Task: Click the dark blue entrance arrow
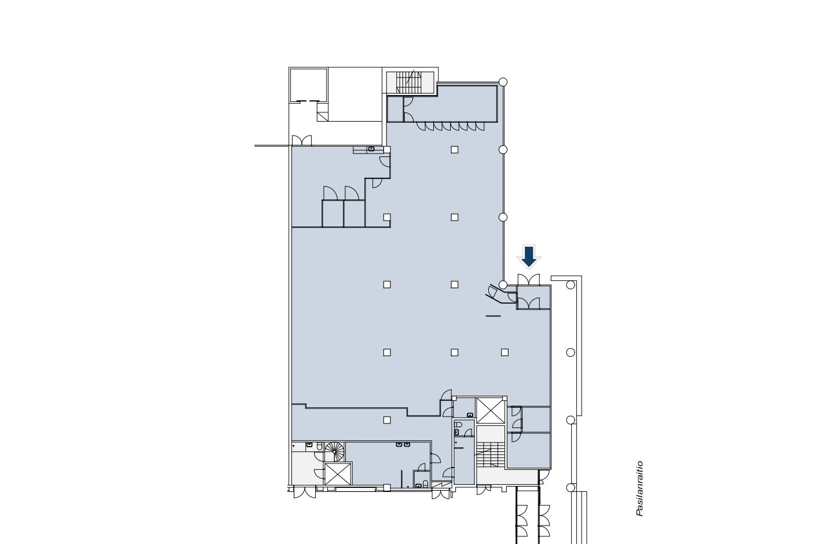[528, 255]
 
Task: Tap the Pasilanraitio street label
[639, 488]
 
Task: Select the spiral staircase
[334, 450]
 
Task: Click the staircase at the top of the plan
[410, 82]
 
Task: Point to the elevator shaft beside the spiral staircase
[338, 474]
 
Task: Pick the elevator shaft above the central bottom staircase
[491, 411]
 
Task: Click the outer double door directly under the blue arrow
[528, 279]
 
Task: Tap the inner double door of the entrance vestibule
[528, 303]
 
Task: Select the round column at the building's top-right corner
[503, 82]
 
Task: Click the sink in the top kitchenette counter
[371, 149]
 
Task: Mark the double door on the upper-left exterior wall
[301, 140]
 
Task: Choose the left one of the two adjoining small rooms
[332, 213]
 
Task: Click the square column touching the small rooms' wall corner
[387, 217]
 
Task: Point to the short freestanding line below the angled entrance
[493, 316]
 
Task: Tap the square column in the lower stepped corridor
[387, 420]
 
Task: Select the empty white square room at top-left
[308, 85]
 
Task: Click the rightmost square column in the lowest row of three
[505, 352]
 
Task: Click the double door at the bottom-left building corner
[304, 493]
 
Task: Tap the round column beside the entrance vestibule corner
[503, 284]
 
